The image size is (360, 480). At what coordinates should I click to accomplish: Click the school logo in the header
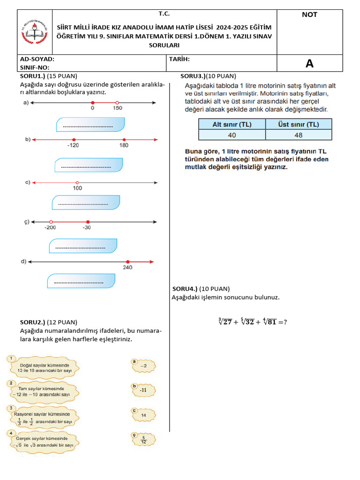point(35,32)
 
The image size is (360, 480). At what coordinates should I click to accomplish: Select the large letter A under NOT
point(309,64)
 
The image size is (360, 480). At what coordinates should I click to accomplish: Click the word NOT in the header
point(309,15)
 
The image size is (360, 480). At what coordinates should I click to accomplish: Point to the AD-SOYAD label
point(37,60)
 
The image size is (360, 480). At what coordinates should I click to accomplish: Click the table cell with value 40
point(232,135)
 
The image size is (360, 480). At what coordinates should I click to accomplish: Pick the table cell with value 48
point(299,135)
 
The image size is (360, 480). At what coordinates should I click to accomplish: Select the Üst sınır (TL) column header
point(299,124)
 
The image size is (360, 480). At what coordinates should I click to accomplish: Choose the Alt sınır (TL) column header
point(232,124)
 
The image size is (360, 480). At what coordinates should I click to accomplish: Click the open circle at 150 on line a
point(117,103)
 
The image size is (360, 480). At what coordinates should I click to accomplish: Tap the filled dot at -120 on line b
point(74,140)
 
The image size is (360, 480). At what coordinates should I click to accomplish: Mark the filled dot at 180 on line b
point(124,140)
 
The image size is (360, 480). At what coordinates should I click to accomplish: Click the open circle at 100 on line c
point(77,183)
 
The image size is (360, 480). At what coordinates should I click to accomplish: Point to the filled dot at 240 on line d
point(127,262)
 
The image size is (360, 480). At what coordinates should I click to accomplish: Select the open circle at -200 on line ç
point(51,222)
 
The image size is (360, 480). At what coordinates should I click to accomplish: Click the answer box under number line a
point(90,125)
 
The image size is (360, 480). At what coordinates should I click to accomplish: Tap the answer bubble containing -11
point(142,390)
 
